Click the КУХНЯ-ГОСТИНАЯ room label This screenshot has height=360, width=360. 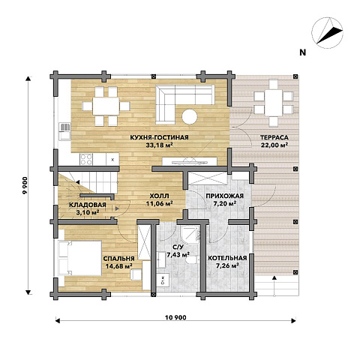[x=159, y=137]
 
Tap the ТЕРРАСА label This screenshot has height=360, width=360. [x=274, y=137]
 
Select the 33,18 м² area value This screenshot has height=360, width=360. [x=160, y=145]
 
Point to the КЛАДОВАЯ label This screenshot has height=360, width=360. [x=88, y=205]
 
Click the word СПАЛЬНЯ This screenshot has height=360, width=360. [x=119, y=259]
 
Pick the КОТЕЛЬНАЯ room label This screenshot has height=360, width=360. [x=227, y=258]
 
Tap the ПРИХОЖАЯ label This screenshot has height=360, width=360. [x=225, y=196]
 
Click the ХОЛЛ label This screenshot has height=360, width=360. [x=159, y=196]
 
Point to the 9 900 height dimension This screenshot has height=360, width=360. [x=25, y=185]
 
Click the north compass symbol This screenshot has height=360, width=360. [x=327, y=33]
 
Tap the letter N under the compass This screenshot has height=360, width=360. [x=303, y=52]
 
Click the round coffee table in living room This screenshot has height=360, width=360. [x=190, y=117]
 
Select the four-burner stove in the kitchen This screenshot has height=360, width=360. [x=86, y=159]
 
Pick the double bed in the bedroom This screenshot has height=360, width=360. [x=80, y=258]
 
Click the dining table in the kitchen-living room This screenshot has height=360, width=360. [x=106, y=106]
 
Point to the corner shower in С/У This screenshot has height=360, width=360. [x=190, y=234]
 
